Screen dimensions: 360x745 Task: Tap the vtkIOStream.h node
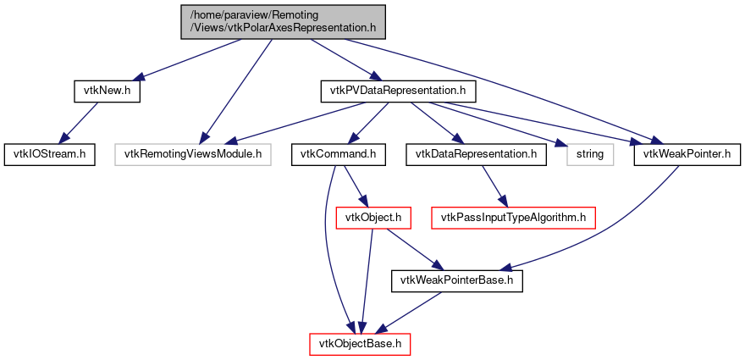pos(48,154)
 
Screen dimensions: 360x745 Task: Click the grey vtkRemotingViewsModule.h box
pos(193,154)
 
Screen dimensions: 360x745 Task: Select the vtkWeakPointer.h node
pos(687,154)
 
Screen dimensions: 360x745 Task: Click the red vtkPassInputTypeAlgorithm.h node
pos(514,218)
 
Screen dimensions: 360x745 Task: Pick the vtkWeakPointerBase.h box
pos(457,280)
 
